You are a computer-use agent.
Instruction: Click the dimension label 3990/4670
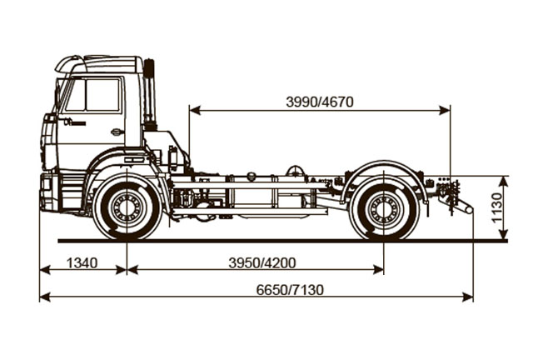pyautogui.click(x=319, y=102)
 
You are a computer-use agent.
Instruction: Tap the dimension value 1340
pyautogui.click(x=82, y=262)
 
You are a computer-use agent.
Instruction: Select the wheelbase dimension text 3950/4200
pyautogui.click(x=262, y=262)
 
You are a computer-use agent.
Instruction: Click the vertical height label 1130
pyautogui.click(x=497, y=208)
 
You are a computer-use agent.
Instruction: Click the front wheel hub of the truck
pyautogui.click(x=127, y=208)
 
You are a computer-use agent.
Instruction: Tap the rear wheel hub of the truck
pyautogui.click(x=384, y=209)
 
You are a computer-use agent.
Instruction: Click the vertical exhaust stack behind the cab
pyautogui.click(x=150, y=94)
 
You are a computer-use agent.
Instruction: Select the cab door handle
pyautogui.click(x=117, y=132)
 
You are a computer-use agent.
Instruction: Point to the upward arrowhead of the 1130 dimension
pyautogui.click(x=506, y=179)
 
